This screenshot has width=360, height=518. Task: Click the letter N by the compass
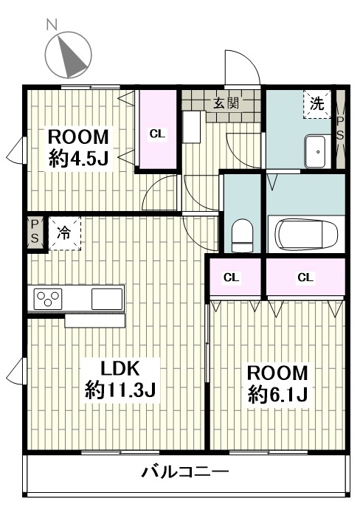click(52, 24)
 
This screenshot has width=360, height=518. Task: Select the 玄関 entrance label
click(226, 103)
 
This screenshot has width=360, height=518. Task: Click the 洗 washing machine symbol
click(317, 104)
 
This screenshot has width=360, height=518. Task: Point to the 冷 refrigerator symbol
click(64, 233)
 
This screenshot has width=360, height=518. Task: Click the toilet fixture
click(242, 235)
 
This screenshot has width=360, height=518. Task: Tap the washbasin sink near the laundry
click(318, 151)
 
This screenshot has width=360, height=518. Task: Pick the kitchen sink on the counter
click(107, 299)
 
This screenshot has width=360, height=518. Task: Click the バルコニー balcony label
click(185, 472)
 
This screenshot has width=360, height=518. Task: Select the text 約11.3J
click(120, 390)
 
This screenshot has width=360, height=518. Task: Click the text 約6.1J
click(278, 394)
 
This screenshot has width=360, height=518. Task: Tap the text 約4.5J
click(79, 158)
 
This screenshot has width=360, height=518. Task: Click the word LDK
click(120, 369)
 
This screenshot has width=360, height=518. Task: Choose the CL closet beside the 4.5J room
click(158, 130)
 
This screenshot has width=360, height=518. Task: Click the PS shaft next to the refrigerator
click(35, 232)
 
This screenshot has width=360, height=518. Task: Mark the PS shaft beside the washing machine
click(340, 129)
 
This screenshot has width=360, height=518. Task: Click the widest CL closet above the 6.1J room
click(305, 277)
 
